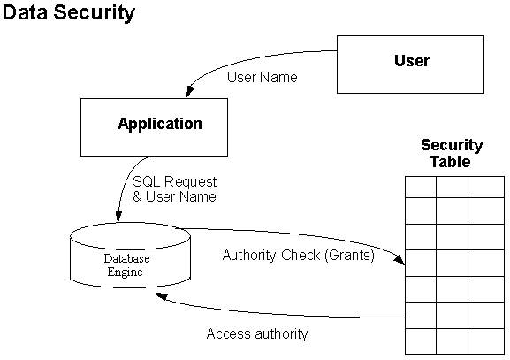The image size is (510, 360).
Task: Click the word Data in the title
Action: (25, 12)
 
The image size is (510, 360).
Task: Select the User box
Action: (410, 65)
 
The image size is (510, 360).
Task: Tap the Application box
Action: (154, 127)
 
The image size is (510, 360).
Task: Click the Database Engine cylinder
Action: (131, 256)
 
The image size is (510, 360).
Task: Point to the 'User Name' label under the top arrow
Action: (263, 78)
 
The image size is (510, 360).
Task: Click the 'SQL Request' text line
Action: (175, 181)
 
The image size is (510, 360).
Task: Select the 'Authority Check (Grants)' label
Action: (299, 256)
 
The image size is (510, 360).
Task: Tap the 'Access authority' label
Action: (257, 334)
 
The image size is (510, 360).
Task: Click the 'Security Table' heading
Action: (452, 153)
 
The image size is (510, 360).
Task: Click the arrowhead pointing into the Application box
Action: (190, 91)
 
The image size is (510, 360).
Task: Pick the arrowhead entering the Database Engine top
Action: (118, 217)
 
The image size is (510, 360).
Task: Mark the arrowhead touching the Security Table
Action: (400, 259)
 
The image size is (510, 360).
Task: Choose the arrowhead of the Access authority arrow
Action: (162, 296)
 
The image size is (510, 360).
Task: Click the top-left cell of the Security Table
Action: (421, 188)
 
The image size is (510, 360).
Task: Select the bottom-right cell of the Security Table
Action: (486, 341)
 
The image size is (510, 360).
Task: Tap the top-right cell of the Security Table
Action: (486, 188)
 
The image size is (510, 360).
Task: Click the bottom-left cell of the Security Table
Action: (421, 341)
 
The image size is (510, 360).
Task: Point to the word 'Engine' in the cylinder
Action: (126, 272)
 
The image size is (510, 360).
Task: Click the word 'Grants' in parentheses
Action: (350, 256)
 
